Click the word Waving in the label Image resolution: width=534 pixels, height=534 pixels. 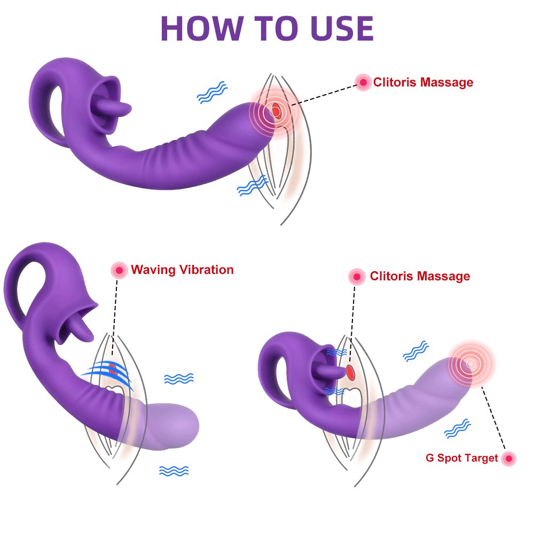point(153,270)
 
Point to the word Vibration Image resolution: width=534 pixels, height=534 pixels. point(206,270)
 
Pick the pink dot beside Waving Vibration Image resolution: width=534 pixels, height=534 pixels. point(119,270)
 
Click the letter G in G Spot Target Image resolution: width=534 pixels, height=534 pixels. point(430,458)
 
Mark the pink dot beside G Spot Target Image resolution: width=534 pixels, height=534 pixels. point(508,458)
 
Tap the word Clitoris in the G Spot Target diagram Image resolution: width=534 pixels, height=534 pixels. point(391,276)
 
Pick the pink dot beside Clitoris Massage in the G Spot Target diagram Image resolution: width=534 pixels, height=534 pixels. point(356,276)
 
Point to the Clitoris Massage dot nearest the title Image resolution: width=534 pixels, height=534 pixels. point(363,82)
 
